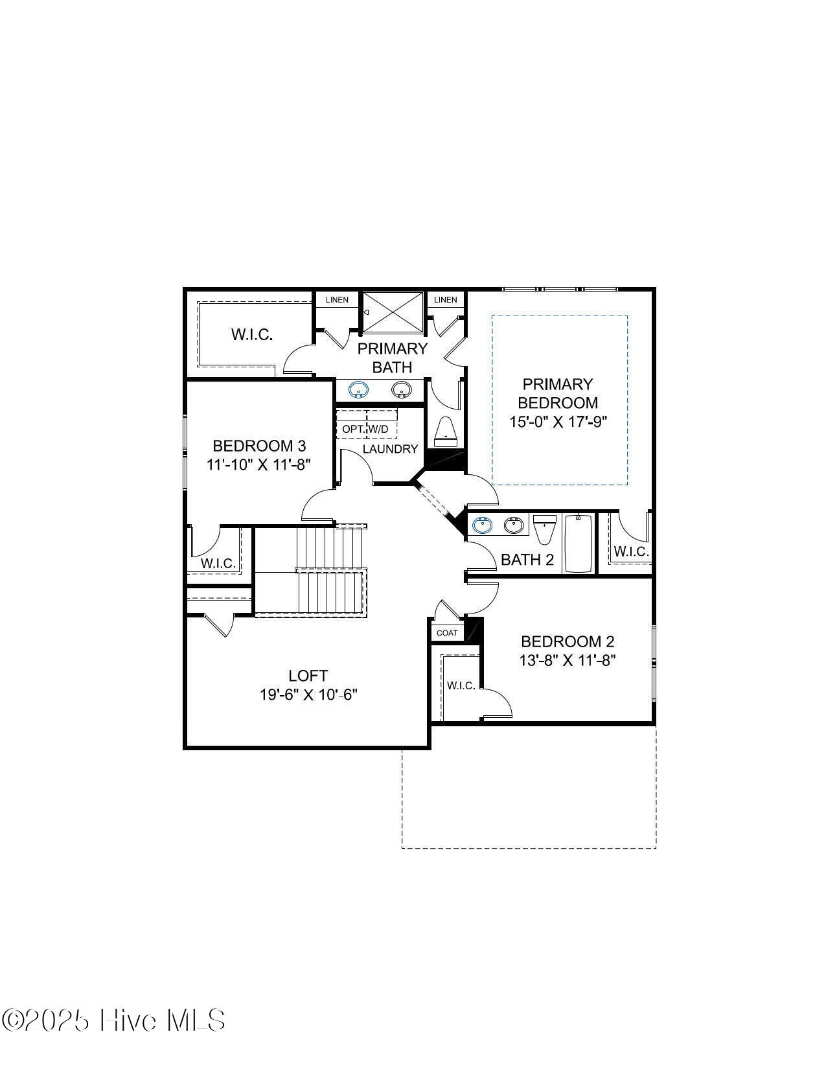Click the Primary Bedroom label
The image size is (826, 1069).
[x=558, y=393]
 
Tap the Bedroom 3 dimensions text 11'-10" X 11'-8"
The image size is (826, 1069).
[x=258, y=465]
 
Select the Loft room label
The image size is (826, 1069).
[x=308, y=676]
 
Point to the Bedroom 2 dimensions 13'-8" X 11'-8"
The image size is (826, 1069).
[x=568, y=660]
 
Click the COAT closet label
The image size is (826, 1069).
[x=447, y=633]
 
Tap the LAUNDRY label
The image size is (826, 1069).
[x=390, y=448]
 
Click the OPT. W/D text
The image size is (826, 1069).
[x=365, y=429]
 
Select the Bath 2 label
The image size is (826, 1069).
[x=527, y=559]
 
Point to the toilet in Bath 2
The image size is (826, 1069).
[x=544, y=529]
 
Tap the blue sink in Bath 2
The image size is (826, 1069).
[x=482, y=525]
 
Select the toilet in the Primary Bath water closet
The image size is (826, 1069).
[x=446, y=432]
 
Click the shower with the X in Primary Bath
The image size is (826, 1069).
[x=393, y=312]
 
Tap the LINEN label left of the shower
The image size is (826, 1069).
[x=337, y=299]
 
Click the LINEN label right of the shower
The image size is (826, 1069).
[x=446, y=299]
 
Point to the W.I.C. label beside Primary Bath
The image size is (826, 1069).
[x=252, y=335]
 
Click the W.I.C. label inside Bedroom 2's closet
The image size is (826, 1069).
[x=461, y=685]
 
